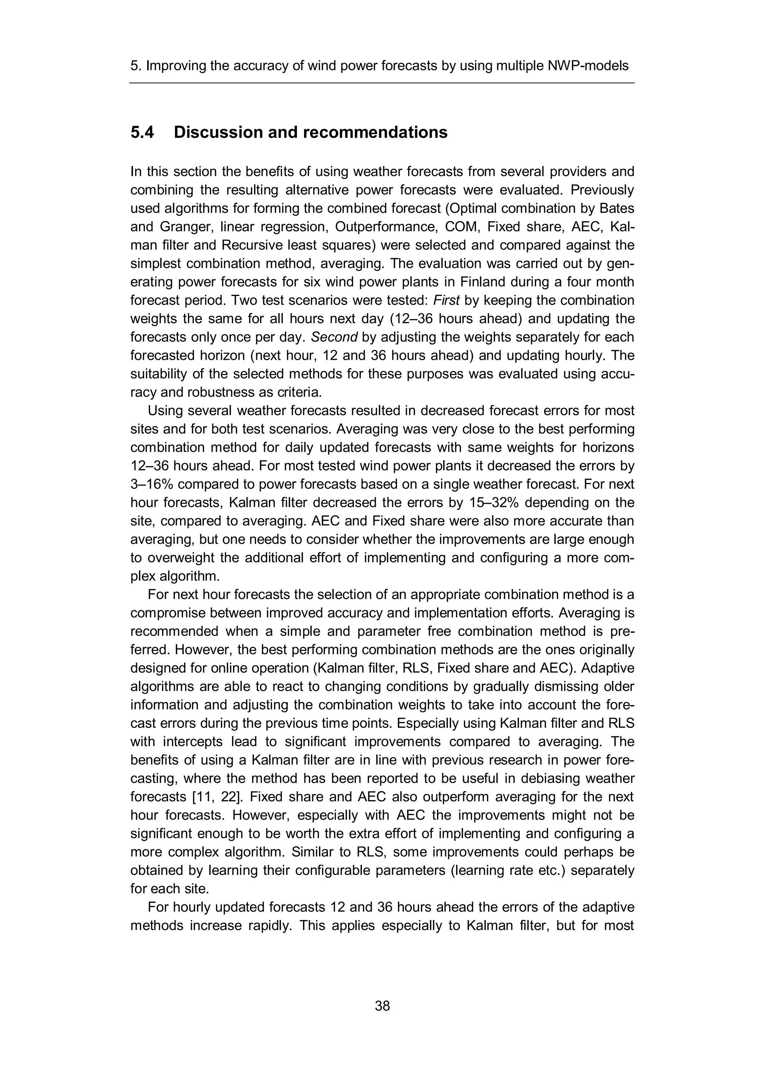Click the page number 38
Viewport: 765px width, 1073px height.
(382, 1006)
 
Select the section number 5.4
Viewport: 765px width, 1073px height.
(142, 133)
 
